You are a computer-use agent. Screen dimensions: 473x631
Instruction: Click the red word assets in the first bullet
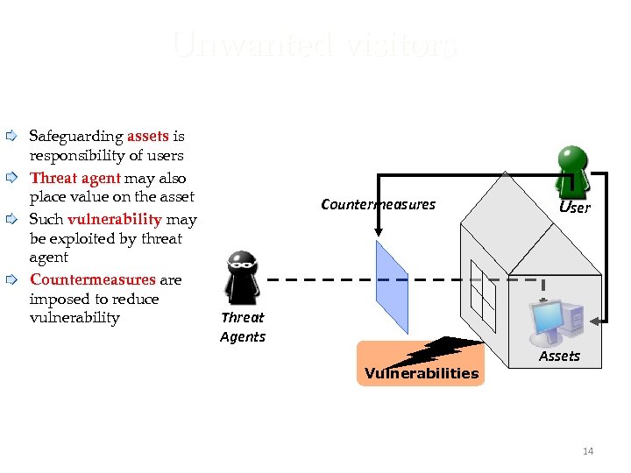pyautogui.click(x=147, y=137)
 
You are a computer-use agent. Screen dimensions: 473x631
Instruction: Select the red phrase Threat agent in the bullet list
pyautogui.click(x=75, y=179)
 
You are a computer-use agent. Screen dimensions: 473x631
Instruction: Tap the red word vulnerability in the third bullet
pyautogui.click(x=114, y=219)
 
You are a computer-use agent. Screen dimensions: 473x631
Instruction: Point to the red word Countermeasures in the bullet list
pyautogui.click(x=92, y=279)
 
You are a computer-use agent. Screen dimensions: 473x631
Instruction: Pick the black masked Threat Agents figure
pyautogui.click(x=241, y=278)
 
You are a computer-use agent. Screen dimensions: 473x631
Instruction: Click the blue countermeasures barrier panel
pyautogui.click(x=391, y=286)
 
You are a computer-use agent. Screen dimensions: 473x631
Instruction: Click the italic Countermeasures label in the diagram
pyautogui.click(x=378, y=205)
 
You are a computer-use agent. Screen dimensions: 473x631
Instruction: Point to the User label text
pyautogui.click(x=575, y=208)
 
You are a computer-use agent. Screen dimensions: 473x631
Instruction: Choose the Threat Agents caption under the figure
pyautogui.click(x=242, y=327)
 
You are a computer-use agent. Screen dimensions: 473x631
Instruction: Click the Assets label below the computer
pyautogui.click(x=559, y=356)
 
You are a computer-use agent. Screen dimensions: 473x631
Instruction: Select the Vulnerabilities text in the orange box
pyautogui.click(x=422, y=374)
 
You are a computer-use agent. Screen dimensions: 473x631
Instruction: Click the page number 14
pyautogui.click(x=587, y=451)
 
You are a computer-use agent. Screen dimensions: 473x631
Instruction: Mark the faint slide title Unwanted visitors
pyautogui.click(x=315, y=44)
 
